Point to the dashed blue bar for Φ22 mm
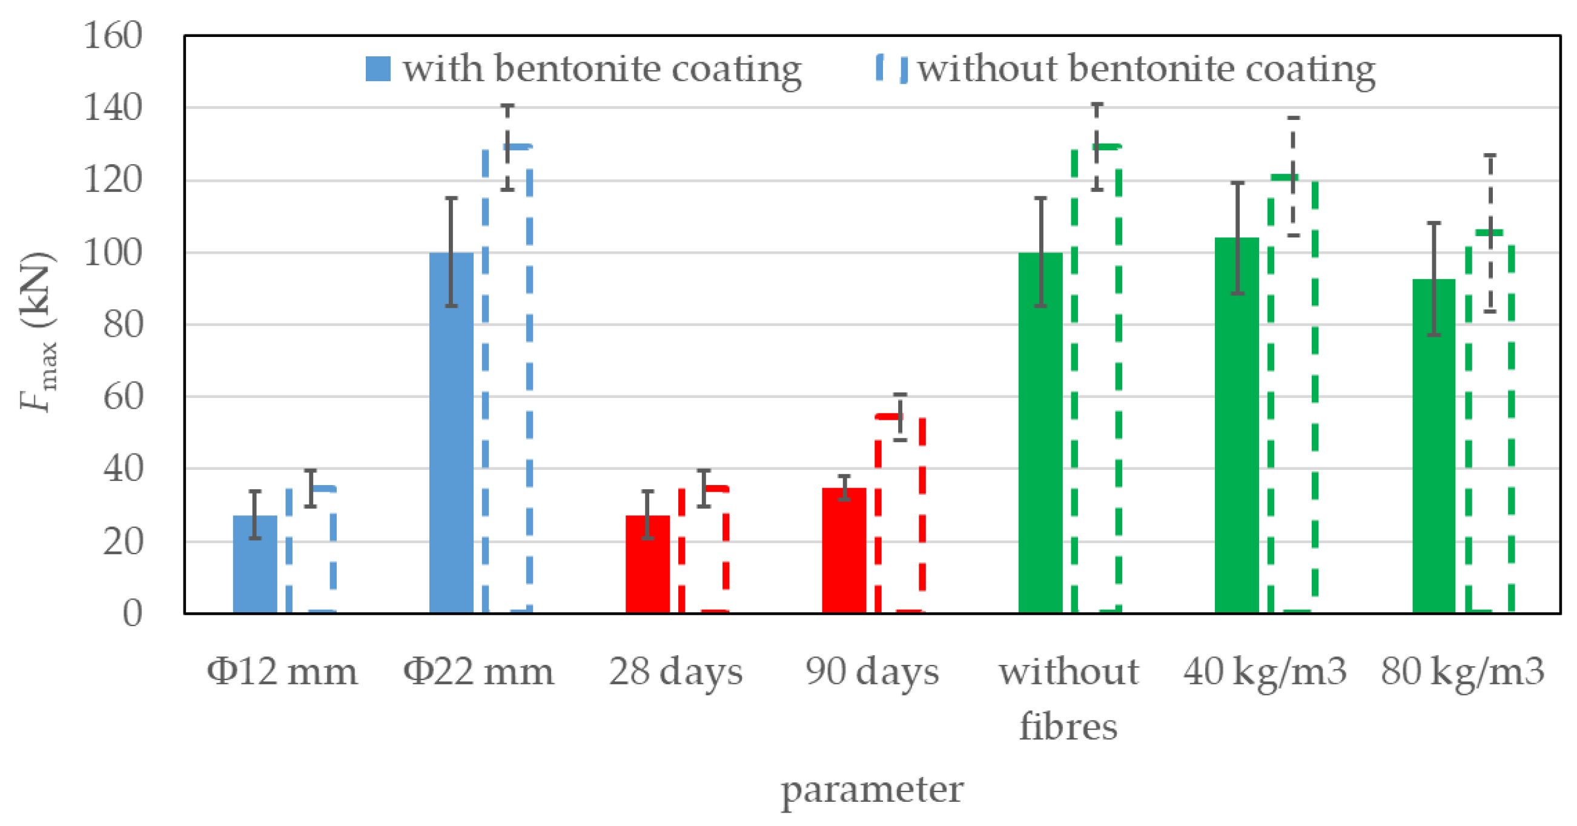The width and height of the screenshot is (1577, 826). point(507,380)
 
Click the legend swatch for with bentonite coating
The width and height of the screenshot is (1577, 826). point(378,68)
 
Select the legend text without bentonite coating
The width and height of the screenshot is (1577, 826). point(1146,68)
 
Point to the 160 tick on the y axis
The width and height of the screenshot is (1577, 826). point(113,36)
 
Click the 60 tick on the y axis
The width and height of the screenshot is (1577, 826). point(122,397)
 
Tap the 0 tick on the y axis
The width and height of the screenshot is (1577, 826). point(132,613)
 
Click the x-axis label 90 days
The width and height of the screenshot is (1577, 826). point(871,672)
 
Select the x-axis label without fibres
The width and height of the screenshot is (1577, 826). point(1069,698)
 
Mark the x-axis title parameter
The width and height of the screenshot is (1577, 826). point(871,790)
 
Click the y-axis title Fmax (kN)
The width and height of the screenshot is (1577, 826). point(38,331)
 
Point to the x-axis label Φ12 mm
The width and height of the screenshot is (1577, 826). point(282,672)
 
